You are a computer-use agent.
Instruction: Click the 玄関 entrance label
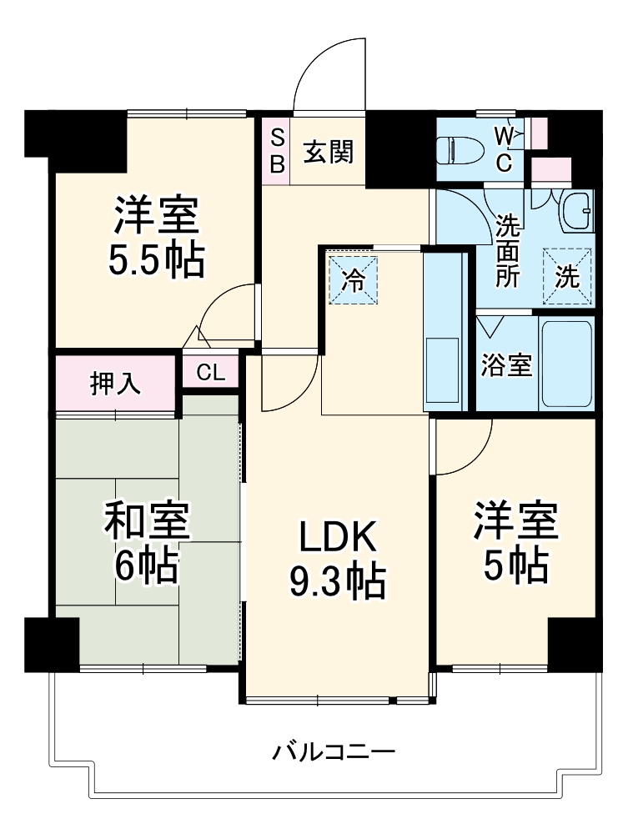328,152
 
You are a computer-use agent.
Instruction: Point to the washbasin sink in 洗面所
576,213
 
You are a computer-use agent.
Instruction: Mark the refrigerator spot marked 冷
354,279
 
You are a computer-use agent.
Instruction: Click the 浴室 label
507,364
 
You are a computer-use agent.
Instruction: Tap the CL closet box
211,372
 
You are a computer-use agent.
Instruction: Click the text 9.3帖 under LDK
337,580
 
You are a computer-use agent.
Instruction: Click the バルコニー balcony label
334,752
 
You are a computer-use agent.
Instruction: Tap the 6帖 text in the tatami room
147,567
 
